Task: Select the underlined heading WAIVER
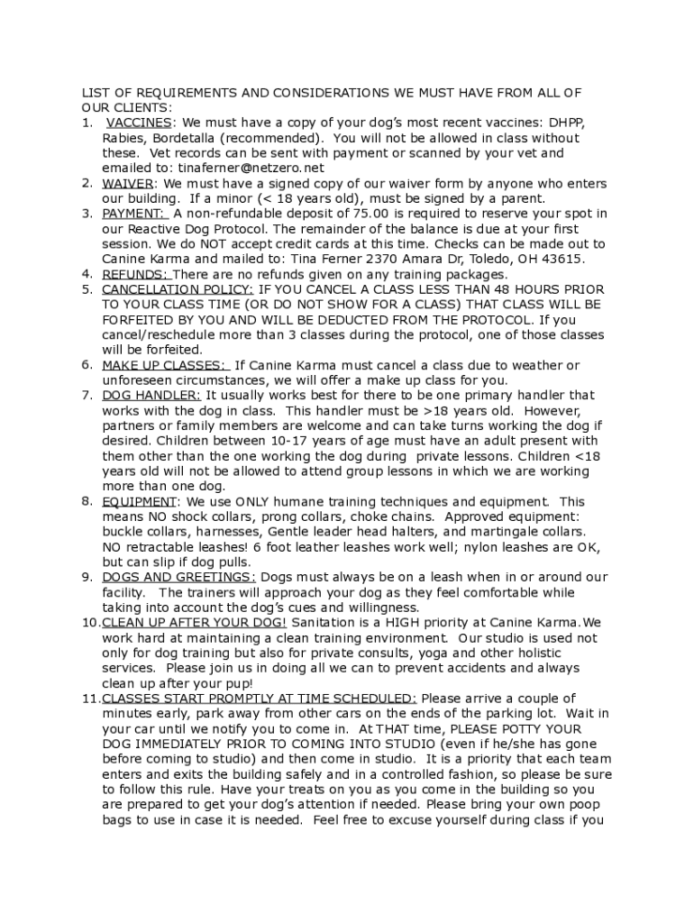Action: coord(127,184)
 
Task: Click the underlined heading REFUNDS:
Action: coord(134,275)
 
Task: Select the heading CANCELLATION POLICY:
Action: coord(178,290)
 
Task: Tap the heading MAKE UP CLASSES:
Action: coord(163,366)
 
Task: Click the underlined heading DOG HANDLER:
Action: coord(151,396)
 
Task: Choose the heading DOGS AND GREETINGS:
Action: coord(178,578)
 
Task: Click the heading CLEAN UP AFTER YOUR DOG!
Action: coord(195,623)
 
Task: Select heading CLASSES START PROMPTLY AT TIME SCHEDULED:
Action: coord(260,699)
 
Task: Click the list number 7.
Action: coord(87,396)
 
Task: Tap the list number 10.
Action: coord(90,623)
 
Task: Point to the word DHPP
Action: coord(564,123)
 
